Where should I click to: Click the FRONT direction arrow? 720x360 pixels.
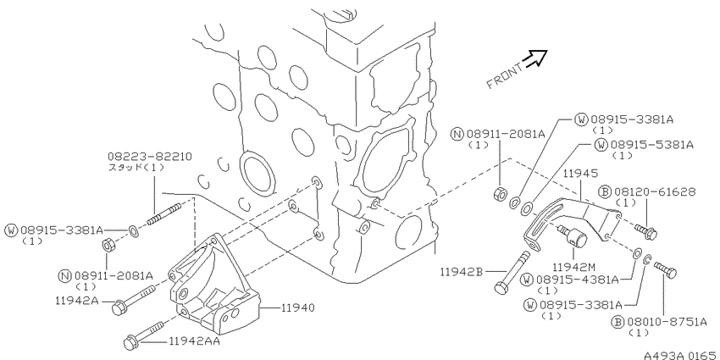click(536, 58)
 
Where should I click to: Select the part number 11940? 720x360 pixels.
click(298, 307)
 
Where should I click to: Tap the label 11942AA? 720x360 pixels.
click(194, 341)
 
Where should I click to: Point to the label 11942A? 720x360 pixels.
click(75, 301)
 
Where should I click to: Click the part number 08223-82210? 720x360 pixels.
click(150, 157)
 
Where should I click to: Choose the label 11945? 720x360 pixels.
click(581, 174)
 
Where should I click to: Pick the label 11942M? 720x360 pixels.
click(572, 267)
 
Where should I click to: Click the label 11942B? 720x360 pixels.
click(461, 272)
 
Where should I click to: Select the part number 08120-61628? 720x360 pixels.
click(654, 191)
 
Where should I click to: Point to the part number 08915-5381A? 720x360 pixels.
click(652, 145)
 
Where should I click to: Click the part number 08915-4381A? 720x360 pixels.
click(577, 280)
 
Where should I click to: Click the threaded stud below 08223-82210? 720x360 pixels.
click(164, 214)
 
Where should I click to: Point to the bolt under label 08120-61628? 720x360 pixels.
click(646, 232)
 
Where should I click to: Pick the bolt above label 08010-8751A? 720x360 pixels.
click(665, 270)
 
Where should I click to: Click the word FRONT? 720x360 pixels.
click(505, 76)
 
